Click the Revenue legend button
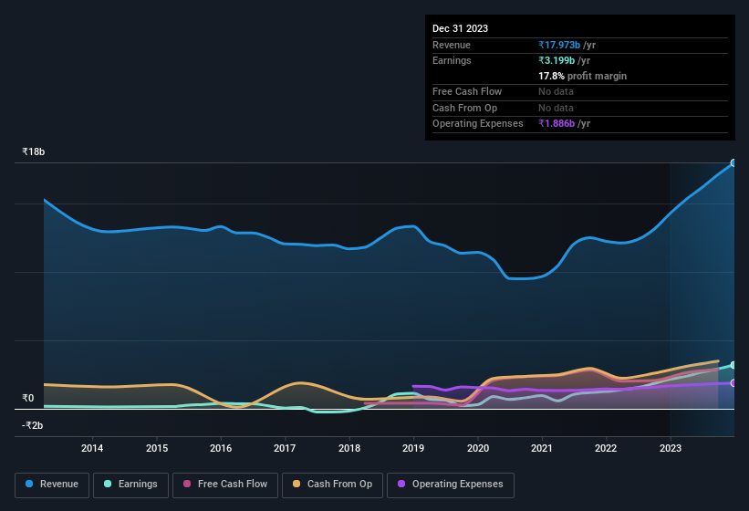tap(52, 485)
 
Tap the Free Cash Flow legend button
tap(225, 485)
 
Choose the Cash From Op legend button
tap(331, 485)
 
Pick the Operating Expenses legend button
tap(451, 485)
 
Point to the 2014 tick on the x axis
tap(92, 448)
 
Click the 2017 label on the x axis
tap(285, 448)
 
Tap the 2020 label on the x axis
tap(477, 448)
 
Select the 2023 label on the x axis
tap(670, 448)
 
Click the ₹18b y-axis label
tap(34, 151)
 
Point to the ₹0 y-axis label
tap(27, 398)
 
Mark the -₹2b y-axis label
tap(33, 425)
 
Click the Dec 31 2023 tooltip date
tap(460, 28)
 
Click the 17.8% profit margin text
tap(582, 76)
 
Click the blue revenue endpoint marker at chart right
tap(733, 163)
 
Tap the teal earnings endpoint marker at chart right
tap(733, 365)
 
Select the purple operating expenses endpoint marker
tap(733, 383)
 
